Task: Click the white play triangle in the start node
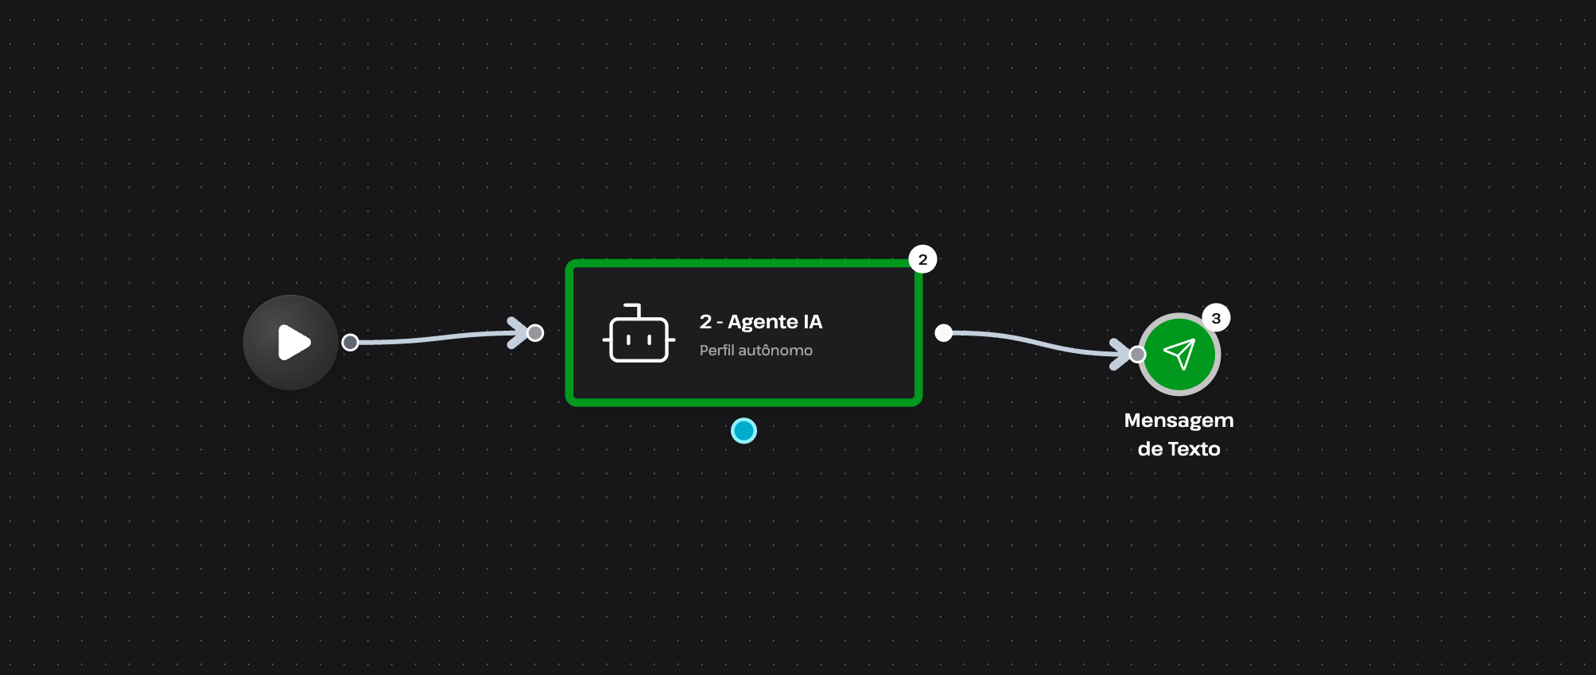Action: [293, 343]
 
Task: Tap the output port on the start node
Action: [350, 343]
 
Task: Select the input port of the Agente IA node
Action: [535, 333]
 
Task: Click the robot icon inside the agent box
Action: [638, 335]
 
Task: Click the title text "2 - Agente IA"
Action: [760, 321]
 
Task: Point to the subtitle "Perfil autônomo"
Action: [755, 351]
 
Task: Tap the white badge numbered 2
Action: [922, 259]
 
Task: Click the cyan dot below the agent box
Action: [744, 431]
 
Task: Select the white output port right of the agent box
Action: [943, 332]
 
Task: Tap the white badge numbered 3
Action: [1215, 318]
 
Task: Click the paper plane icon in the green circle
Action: [1179, 354]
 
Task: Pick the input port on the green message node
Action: [1137, 354]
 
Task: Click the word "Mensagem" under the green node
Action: [1179, 421]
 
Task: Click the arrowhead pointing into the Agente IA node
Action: [518, 332]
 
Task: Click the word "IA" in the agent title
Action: [812, 321]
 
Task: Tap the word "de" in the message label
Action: [1150, 449]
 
